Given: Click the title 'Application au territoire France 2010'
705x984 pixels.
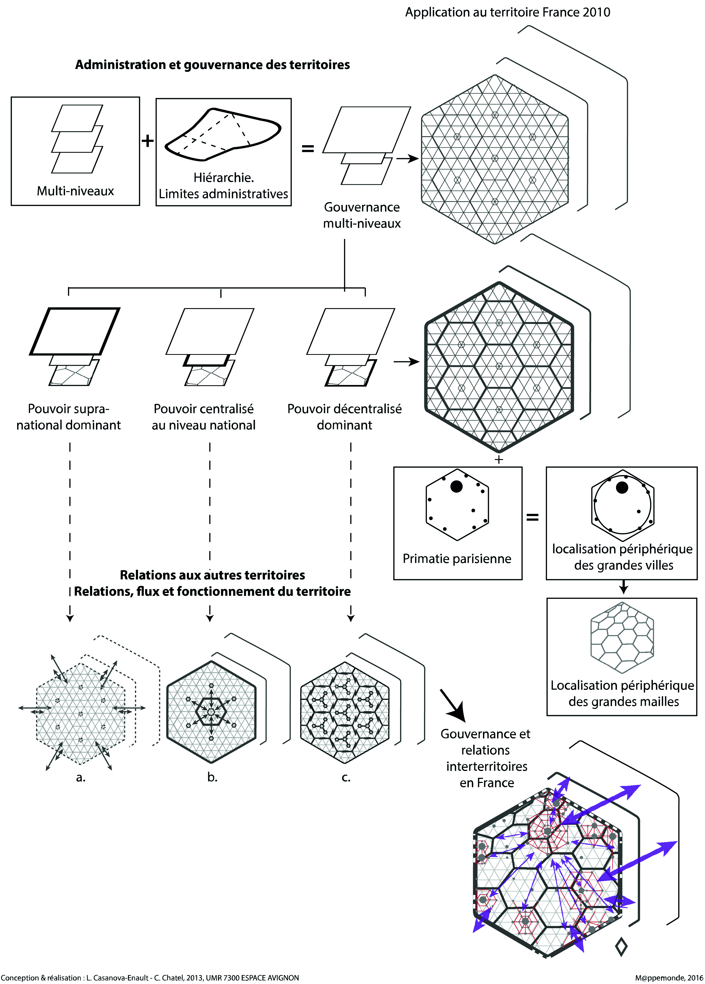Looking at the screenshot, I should click(x=507, y=12).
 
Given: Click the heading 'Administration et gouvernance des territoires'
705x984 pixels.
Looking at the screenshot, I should click(x=213, y=65).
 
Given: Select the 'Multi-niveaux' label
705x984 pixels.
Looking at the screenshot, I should click(x=75, y=191).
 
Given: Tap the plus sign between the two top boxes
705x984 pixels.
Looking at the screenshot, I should click(x=148, y=141).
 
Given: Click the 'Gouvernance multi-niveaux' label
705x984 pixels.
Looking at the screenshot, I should click(x=362, y=215).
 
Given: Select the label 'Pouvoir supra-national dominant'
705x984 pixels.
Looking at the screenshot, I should click(x=69, y=417).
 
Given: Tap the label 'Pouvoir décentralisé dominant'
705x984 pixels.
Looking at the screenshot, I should click(x=344, y=417).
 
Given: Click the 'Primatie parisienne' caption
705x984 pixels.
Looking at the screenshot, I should click(x=457, y=558).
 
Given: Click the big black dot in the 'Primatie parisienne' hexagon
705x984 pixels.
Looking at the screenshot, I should click(x=456, y=487).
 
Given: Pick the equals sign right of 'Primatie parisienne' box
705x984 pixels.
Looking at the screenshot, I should click(x=533, y=517).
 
